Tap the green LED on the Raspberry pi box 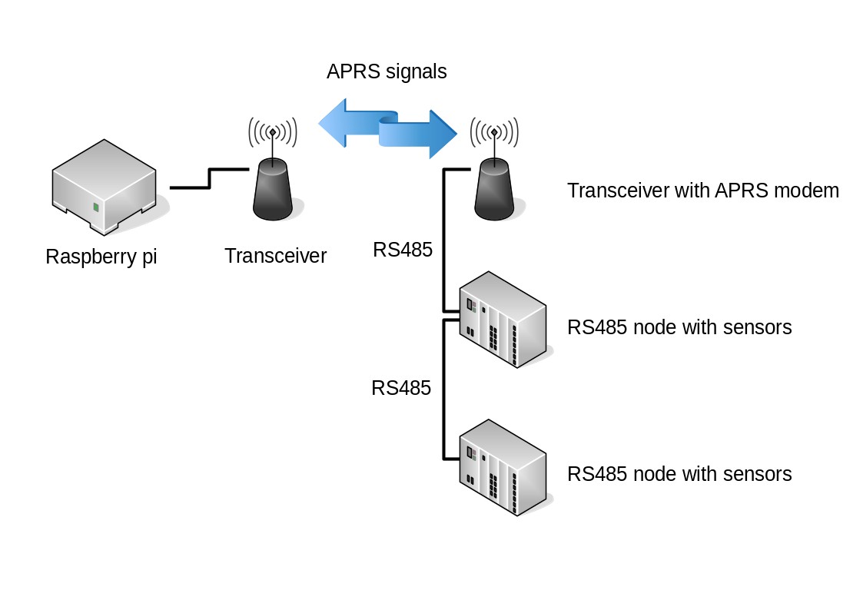(96, 207)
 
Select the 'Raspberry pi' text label (101, 257)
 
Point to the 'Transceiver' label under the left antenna (275, 256)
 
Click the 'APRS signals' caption (387, 72)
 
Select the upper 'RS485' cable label (403, 250)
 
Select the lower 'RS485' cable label (401, 388)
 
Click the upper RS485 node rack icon (503, 319)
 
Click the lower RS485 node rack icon (503, 466)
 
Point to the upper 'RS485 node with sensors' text (679, 327)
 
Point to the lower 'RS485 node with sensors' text (679, 474)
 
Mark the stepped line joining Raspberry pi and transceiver (209, 178)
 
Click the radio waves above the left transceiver (272, 133)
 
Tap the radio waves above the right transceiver (494, 133)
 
